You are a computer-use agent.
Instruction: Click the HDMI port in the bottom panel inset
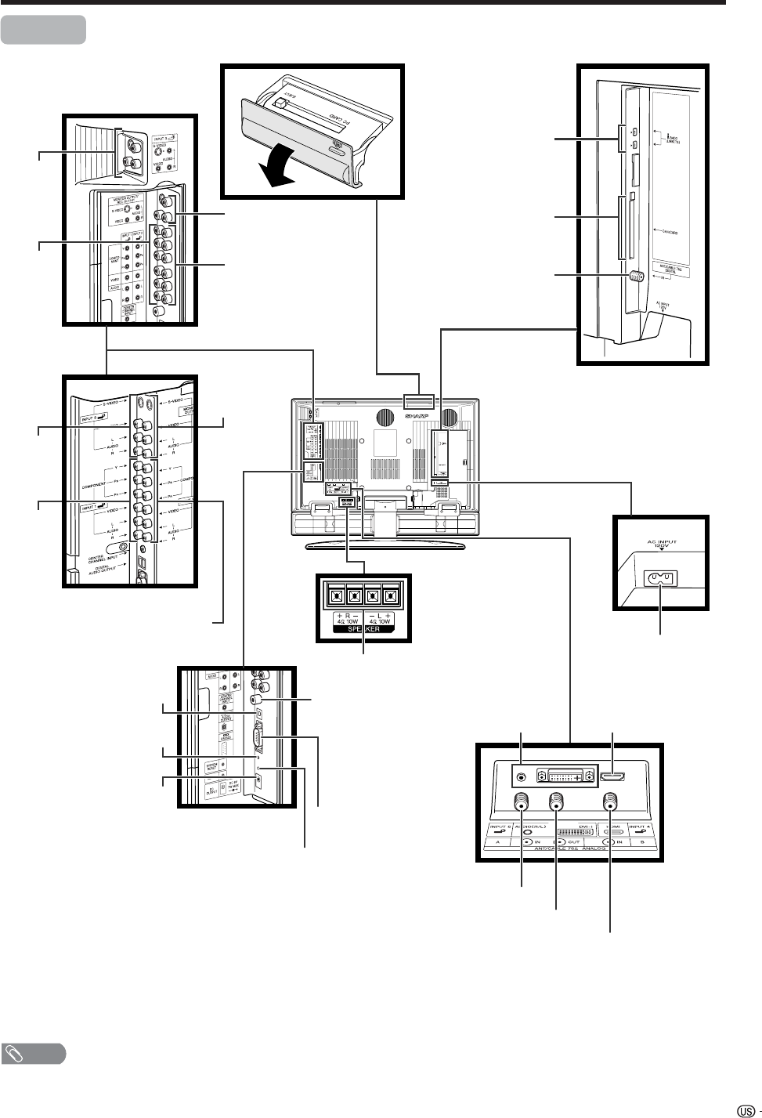[612, 778]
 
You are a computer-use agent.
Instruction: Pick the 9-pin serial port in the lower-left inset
[257, 738]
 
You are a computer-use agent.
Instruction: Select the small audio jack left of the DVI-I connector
[522, 778]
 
